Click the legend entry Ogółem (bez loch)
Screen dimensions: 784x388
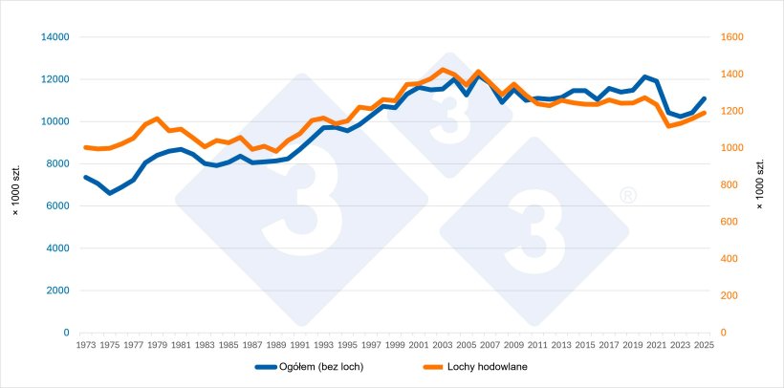[x=309, y=367]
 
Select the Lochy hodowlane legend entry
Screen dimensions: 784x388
[x=475, y=367]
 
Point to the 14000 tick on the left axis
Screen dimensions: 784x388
[x=55, y=37]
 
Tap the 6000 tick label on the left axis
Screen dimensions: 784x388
[x=57, y=206]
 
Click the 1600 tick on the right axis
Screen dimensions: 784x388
[x=730, y=37]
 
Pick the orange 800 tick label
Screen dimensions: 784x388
[x=728, y=185]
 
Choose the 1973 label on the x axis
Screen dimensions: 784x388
[x=85, y=345]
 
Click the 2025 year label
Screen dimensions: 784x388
[x=704, y=345]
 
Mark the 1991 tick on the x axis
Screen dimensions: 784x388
[x=299, y=345]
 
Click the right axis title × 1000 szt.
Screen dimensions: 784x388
[x=760, y=185]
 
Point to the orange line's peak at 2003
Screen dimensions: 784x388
[x=442, y=70]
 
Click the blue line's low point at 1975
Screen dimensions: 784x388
[x=110, y=193]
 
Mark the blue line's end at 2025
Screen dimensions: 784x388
[x=704, y=98]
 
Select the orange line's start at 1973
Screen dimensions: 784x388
[x=85, y=147]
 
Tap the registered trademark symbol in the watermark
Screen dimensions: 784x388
[x=628, y=196]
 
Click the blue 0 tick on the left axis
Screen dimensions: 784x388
[x=67, y=333]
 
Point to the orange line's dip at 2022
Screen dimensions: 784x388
[x=668, y=126]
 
